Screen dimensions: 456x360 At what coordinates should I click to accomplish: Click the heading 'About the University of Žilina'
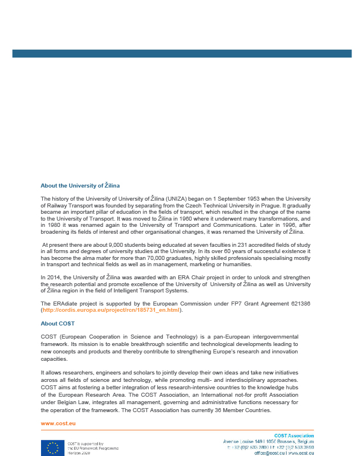click(x=80, y=186)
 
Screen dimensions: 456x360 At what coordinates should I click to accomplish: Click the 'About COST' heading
click(x=58, y=324)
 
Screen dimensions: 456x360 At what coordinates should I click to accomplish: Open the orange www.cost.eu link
click(x=58, y=424)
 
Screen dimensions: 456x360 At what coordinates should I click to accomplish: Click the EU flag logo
click(x=52, y=448)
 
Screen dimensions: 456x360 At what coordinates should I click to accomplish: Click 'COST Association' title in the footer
click(x=294, y=435)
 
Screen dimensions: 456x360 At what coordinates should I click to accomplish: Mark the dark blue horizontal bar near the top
click(x=182, y=54)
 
